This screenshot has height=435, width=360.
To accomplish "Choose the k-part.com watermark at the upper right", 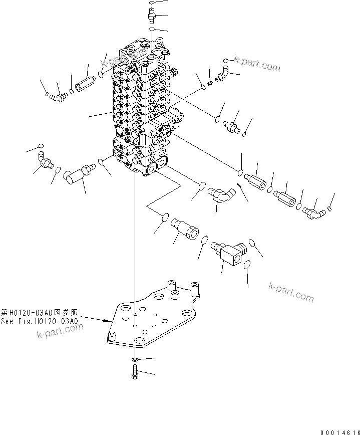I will click(257, 64).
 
